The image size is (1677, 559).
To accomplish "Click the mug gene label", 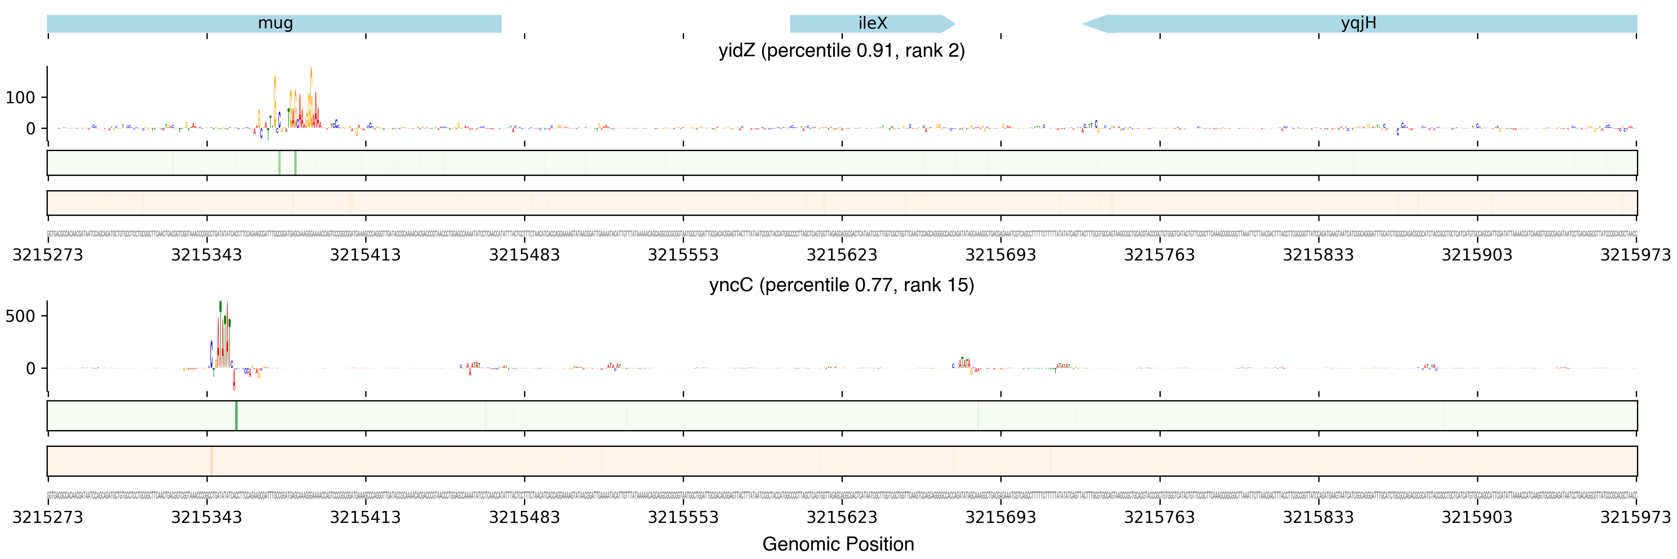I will (x=275, y=23).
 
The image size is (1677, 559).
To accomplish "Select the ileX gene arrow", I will (x=872, y=23).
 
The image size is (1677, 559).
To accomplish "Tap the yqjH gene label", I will (x=1359, y=23).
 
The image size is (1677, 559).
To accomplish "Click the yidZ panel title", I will (x=841, y=51).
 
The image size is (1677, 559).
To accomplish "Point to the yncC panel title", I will (x=841, y=285).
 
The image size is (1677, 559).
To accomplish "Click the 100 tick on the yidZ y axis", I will (x=20, y=97).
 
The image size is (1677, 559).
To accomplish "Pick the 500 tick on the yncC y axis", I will (x=20, y=316).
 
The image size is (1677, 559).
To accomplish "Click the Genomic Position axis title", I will (x=838, y=544).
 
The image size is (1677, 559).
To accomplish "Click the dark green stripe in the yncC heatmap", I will (x=236, y=415).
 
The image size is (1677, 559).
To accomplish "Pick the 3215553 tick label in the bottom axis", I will (x=683, y=517).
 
